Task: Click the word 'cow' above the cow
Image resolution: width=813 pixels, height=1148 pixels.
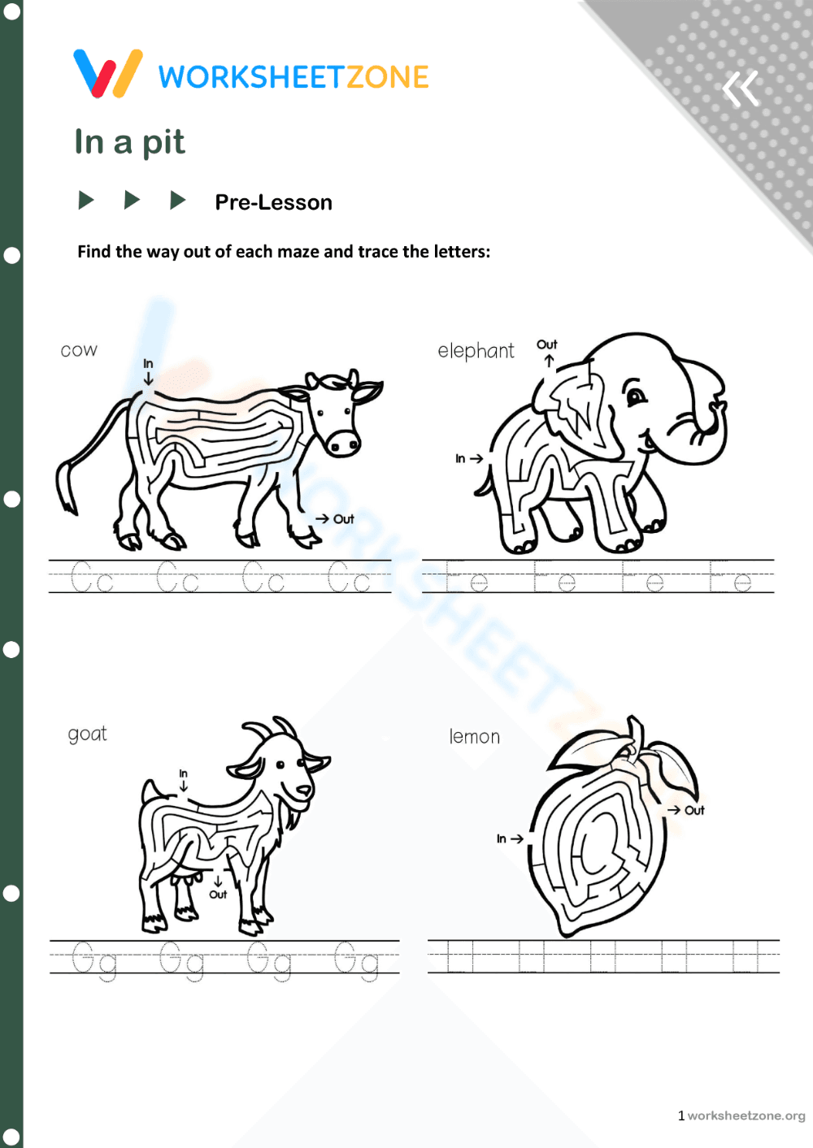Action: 79,350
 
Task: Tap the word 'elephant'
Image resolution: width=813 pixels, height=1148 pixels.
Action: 476,351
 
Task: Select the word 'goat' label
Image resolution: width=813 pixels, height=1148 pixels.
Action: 87,734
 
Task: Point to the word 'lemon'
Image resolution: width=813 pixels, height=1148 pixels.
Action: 475,737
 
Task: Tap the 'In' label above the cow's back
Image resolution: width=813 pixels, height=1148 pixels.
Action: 148,363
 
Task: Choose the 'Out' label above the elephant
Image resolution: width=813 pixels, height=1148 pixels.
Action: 547,344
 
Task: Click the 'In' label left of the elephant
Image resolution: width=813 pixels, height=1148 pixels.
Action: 460,459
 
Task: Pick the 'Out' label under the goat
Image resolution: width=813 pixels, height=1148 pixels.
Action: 218,895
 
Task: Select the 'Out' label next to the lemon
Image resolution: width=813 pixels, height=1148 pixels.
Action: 694,810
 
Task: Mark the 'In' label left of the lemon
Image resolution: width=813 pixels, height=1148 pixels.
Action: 502,838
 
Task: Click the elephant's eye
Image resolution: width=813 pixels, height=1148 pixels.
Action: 635,397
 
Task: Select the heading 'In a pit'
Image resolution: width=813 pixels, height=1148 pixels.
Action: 130,142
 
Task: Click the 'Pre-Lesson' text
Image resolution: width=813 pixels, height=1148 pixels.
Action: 273,202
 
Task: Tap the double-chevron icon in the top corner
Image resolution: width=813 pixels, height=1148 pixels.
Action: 741,89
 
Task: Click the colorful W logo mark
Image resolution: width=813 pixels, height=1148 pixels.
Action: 108,73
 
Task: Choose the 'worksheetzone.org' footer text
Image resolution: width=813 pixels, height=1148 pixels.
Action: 746,1116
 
